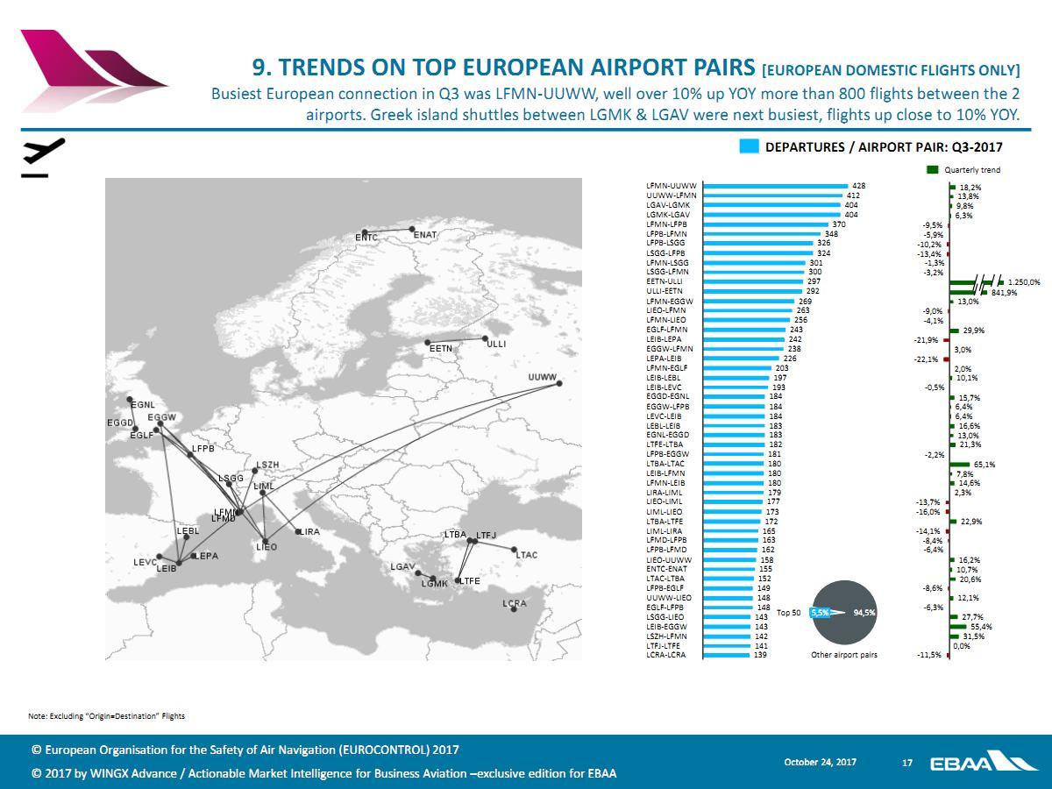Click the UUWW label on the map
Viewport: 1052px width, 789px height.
click(543, 378)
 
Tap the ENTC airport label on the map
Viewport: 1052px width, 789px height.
click(366, 238)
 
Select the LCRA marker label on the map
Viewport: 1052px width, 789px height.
click(515, 603)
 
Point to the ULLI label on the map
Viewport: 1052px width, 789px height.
click(496, 345)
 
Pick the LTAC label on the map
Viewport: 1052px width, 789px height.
click(526, 555)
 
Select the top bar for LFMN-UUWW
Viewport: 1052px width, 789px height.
click(776, 186)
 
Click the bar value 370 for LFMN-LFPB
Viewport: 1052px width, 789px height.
click(838, 224)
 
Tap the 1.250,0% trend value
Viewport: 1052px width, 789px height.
click(1023, 282)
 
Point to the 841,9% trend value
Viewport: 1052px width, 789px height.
click(1004, 293)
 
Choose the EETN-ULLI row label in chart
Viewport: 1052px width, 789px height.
click(665, 281)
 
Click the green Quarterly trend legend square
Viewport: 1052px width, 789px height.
click(933, 169)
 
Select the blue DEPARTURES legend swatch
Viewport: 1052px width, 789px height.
click(748, 147)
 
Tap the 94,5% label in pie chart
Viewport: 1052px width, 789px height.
click(864, 613)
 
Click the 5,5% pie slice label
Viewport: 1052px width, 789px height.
click(820, 613)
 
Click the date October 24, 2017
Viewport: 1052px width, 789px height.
click(820, 763)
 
